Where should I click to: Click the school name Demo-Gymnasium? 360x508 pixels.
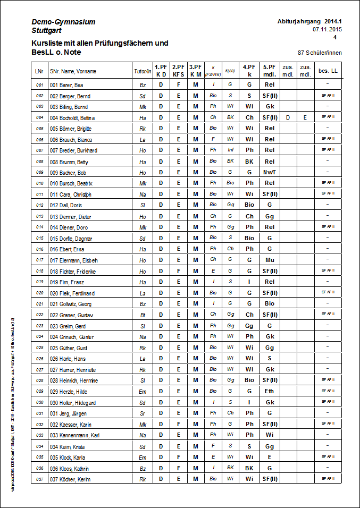(x=63, y=22)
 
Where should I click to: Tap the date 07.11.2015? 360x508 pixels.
(x=327, y=29)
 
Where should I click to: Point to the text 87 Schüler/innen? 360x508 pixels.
(x=320, y=53)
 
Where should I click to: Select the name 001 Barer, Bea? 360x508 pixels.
(x=66, y=85)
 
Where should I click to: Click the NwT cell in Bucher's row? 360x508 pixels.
(x=269, y=173)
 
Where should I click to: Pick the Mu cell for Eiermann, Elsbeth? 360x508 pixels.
(x=269, y=260)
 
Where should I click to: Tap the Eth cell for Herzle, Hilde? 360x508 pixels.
(x=269, y=391)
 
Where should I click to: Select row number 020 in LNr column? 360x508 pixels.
(x=39, y=293)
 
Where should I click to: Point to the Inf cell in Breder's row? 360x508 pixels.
(x=230, y=150)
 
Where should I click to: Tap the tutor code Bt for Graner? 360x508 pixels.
(x=143, y=315)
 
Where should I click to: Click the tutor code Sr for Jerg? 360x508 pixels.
(x=143, y=413)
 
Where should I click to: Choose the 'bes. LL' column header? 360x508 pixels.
(x=328, y=71)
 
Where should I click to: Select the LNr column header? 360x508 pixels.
(x=39, y=71)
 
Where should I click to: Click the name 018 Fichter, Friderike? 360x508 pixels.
(x=72, y=271)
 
